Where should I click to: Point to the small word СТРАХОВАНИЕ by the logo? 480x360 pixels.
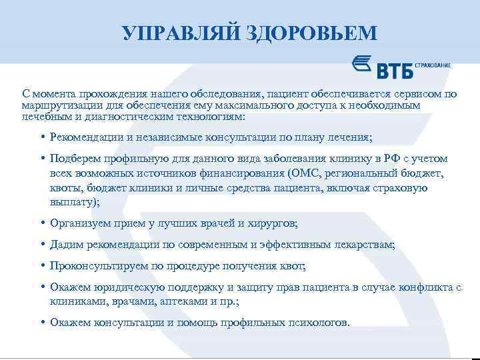pyautogui.click(x=433, y=65)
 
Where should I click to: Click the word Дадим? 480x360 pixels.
pyautogui.click(x=65, y=245)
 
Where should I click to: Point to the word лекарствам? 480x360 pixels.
pyautogui.click(x=364, y=245)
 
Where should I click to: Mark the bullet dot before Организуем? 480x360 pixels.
pyautogui.click(x=41, y=223)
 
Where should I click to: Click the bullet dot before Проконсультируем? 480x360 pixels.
pyautogui.click(x=41, y=266)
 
